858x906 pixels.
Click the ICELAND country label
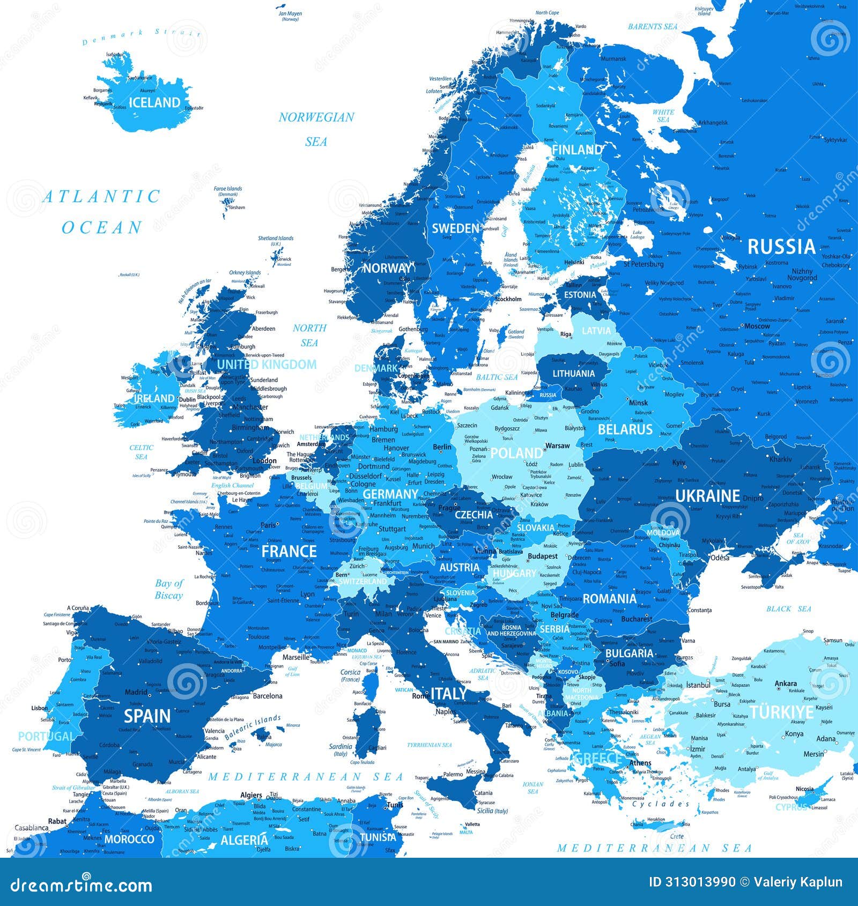coord(154,102)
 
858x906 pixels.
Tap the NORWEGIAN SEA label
coord(316,129)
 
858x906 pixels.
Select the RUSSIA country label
coord(781,247)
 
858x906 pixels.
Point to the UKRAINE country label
coord(707,496)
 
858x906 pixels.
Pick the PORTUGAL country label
coord(46,736)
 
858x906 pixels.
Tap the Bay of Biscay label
coord(169,589)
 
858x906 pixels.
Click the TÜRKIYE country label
coord(781,712)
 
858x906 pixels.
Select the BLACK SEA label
coord(788,609)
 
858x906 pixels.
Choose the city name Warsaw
coord(557,445)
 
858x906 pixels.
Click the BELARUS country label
coord(625,429)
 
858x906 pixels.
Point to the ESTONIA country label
coord(580,295)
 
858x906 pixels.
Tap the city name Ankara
coord(786,684)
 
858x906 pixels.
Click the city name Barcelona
coord(268,696)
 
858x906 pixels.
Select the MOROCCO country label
coord(129,839)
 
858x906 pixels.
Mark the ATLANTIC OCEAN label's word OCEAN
coord(102,228)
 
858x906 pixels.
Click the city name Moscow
coord(757,326)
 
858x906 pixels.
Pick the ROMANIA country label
coord(609,599)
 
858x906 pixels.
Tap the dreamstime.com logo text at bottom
coord(82,885)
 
